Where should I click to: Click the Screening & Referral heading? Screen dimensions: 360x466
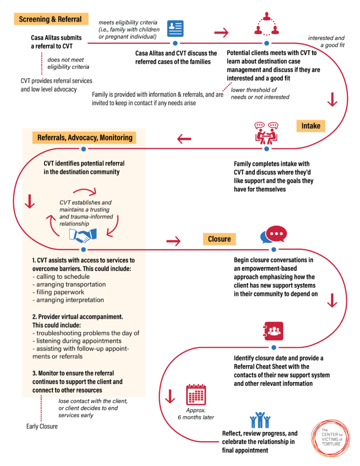click(51, 19)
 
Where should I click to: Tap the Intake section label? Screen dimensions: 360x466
click(311, 126)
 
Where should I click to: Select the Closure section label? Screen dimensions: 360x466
click(219, 239)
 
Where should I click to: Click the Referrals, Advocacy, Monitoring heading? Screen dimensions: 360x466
click(85, 137)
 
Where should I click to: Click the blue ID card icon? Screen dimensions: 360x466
click(175, 29)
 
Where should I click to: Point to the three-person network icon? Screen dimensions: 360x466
click(267, 24)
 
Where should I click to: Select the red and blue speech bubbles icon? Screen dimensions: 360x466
click(274, 234)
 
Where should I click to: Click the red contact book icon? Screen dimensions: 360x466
click(273, 331)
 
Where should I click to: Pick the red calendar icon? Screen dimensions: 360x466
click(196, 395)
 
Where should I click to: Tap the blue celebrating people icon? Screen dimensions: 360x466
click(260, 420)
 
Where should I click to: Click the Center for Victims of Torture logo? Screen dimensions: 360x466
click(331, 438)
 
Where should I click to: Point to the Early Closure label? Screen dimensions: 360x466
click(42, 426)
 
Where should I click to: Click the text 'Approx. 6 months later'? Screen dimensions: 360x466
click(196, 414)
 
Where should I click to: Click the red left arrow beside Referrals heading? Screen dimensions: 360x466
click(184, 139)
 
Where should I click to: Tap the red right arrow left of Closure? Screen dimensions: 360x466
click(173, 241)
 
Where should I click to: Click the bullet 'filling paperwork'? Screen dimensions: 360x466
click(58, 292)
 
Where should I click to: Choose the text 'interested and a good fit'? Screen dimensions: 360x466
click(326, 41)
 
